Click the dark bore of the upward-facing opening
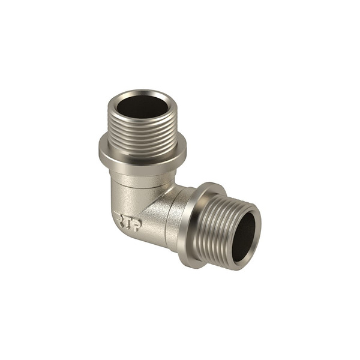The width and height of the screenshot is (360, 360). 142,107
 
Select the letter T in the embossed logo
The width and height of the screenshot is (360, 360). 128,221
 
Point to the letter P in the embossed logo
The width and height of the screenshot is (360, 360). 137,225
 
